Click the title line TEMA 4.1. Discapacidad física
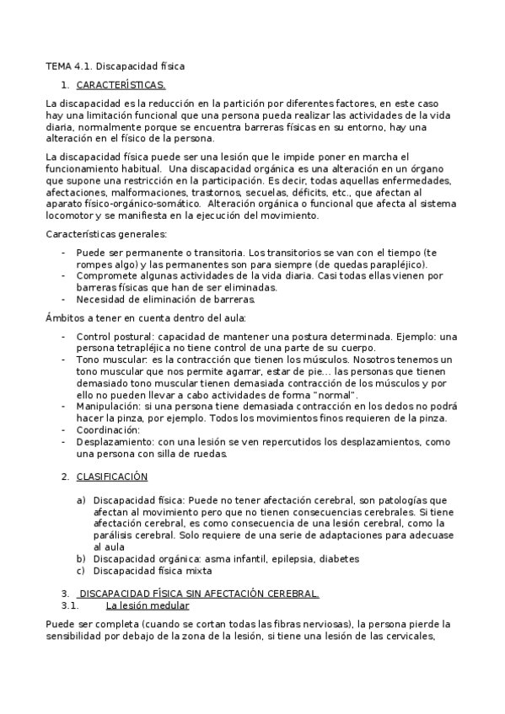[115, 65]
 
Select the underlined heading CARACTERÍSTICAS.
[121, 85]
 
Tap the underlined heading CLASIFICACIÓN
[111, 477]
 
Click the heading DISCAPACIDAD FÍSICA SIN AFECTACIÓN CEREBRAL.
[198, 594]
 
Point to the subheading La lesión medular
[148, 605]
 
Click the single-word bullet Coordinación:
[108, 429]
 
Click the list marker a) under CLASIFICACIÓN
[82, 499]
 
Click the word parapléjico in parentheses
[395, 264]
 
